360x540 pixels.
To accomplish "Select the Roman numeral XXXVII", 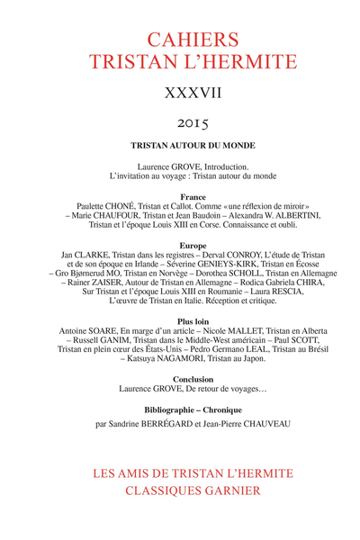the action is point(180,95).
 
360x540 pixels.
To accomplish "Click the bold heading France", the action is point(180,196).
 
